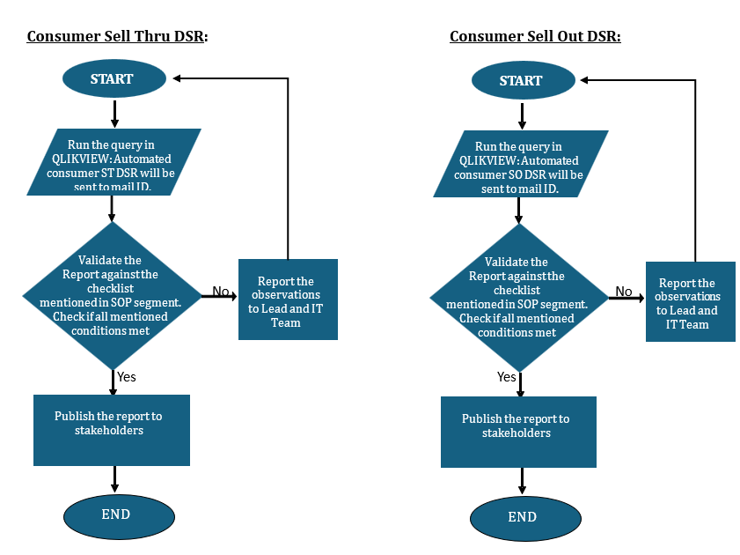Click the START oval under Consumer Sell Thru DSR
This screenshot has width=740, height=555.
(x=114, y=79)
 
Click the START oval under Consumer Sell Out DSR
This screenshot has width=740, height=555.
(x=522, y=80)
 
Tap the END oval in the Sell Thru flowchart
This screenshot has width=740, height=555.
(x=118, y=514)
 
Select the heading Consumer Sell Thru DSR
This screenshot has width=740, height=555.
(x=117, y=36)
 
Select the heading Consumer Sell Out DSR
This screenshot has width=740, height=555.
(x=535, y=36)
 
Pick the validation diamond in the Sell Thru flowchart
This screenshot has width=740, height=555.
(x=111, y=295)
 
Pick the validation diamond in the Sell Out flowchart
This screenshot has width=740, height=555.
(x=519, y=297)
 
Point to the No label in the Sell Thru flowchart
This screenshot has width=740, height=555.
(x=220, y=291)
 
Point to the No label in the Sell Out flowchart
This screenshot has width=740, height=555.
(x=624, y=292)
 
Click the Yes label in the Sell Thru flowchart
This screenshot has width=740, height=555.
(x=127, y=377)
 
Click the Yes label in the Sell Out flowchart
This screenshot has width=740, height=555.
(x=507, y=377)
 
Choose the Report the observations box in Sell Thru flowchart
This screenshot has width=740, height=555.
(x=288, y=300)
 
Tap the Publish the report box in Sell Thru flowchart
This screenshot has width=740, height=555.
(x=112, y=430)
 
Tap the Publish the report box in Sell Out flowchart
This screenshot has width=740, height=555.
(x=518, y=432)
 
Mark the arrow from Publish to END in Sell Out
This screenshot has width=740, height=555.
(x=523, y=481)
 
